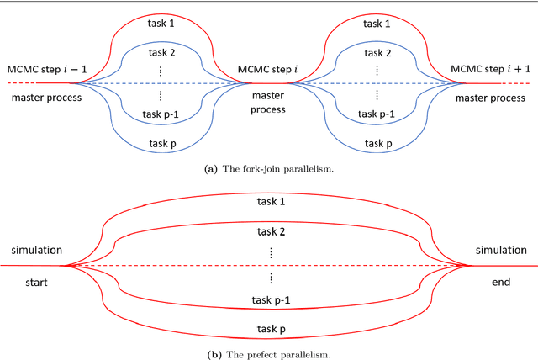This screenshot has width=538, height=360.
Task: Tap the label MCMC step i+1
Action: (491, 69)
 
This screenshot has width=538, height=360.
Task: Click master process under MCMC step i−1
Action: (47, 98)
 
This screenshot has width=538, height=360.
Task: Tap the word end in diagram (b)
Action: (501, 283)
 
